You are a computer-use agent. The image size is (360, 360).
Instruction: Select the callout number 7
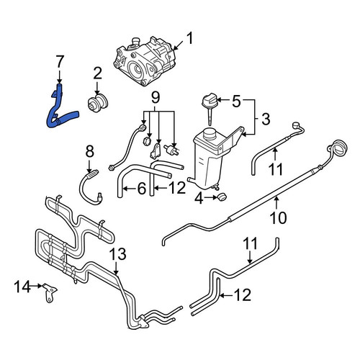(x=60, y=61)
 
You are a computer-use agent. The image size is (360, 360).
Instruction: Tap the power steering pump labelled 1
(x=144, y=61)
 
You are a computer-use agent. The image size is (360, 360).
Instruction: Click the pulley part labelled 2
(x=97, y=104)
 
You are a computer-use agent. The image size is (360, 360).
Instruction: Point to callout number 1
(x=189, y=39)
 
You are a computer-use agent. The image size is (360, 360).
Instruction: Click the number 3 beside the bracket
(x=266, y=120)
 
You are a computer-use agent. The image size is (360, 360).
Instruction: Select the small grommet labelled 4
(x=222, y=197)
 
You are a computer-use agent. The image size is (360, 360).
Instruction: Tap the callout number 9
(x=156, y=98)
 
